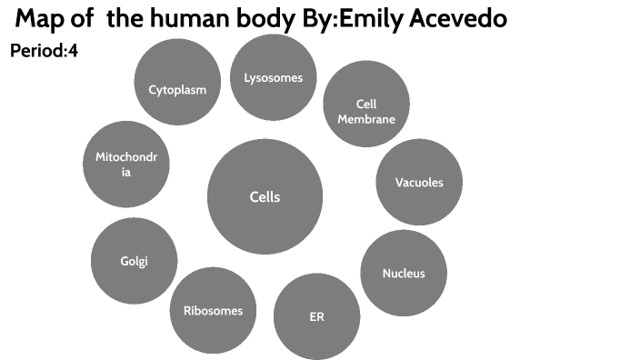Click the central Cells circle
[265, 197]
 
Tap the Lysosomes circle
[273, 77]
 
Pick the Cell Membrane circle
[366, 105]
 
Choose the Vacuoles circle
[419, 182]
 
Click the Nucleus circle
[404, 273]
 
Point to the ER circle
[316, 317]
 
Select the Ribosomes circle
[213, 310]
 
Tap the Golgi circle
[134, 261]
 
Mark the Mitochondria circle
[126, 164]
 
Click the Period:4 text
[44, 52]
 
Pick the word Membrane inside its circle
[366, 119]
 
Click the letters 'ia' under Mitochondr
[126, 172]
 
